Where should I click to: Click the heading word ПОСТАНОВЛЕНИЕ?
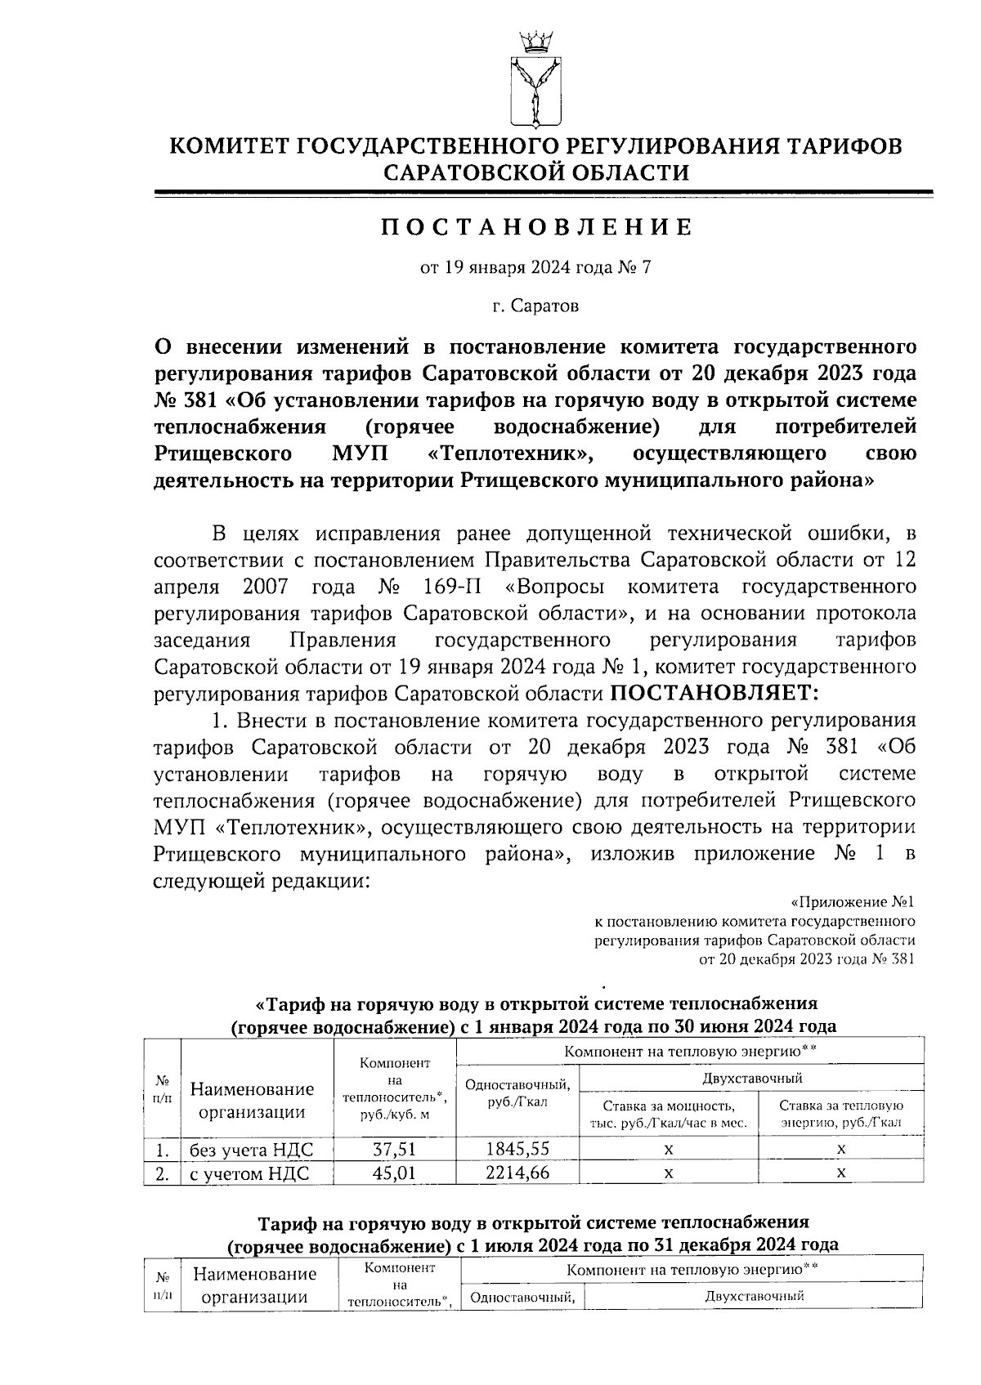coord(536,227)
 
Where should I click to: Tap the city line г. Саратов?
coord(535,306)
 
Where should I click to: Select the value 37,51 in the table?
coord(395,1149)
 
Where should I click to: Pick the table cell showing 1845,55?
coord(517,1148)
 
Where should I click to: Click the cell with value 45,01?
coord(395,1173)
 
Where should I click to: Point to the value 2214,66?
coord(517,1173)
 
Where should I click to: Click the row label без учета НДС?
coord(251,1150)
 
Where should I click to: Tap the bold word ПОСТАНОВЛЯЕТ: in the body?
coord(714,693)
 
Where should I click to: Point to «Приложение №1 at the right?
coord(852,902)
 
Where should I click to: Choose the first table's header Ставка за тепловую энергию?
coord(841,1114)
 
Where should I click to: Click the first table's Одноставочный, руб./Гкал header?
coord(517,1092)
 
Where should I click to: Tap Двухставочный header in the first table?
coord(752,1078)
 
